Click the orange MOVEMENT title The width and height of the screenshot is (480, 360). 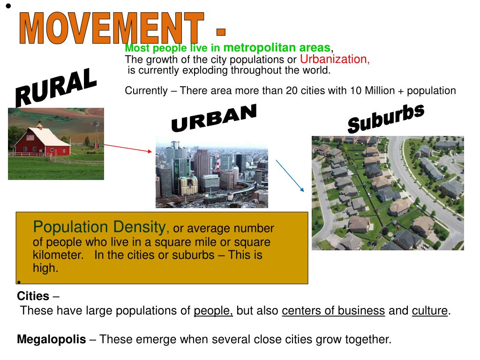point(112,28)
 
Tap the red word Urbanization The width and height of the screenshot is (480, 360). point(335,59)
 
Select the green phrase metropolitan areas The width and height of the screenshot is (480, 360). point(277,48)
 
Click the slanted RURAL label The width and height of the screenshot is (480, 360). point(56,87)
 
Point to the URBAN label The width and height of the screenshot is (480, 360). point(214,118)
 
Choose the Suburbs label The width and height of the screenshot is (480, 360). point(386,118)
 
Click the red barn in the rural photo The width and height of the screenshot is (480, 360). point(43,142)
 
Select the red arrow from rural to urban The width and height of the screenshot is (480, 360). point(128,148)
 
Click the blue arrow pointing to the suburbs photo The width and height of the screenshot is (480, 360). point(290,176)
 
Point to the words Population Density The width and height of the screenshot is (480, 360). point(99,227)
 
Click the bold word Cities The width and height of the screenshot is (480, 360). point(33,296)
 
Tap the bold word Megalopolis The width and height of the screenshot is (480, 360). point(52,339)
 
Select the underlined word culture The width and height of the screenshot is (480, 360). point(430,311)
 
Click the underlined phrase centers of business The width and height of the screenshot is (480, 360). point(333,311)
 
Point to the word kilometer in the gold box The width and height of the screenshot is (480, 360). point(58,255)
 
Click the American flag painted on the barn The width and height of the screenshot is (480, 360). point(30,137)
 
